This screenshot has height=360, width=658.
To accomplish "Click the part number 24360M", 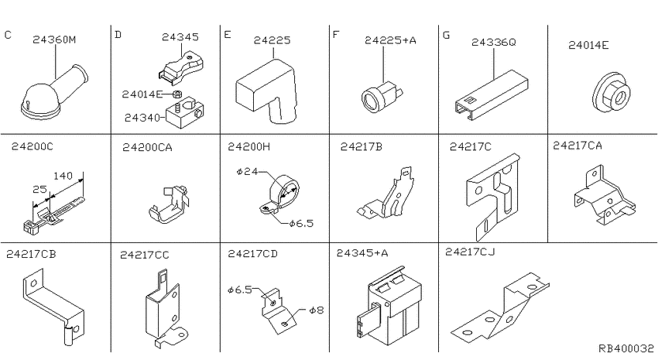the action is [54, 39].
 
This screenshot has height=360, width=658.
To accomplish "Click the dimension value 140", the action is [63, 176].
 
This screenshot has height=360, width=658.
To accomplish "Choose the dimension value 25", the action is [39, 189].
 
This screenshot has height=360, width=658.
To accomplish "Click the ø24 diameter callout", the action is [247, 171].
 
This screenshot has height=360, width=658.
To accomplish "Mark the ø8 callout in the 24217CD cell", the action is [317, 310].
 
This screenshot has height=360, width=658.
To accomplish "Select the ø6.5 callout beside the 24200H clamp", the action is [301, 223].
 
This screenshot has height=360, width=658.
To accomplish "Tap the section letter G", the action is [446, 36].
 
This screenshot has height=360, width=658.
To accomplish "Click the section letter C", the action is [8, 35].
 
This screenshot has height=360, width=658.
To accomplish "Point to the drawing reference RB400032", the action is [625, 348].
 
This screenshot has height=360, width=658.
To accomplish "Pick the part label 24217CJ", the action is [470, 252].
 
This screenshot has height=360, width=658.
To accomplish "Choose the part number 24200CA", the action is [147, 147].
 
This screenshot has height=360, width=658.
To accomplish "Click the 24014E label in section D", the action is [142, 94].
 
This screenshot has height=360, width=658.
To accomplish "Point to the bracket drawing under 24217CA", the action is [605, 197].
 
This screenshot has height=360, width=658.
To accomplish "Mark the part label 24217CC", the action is [144, 255].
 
